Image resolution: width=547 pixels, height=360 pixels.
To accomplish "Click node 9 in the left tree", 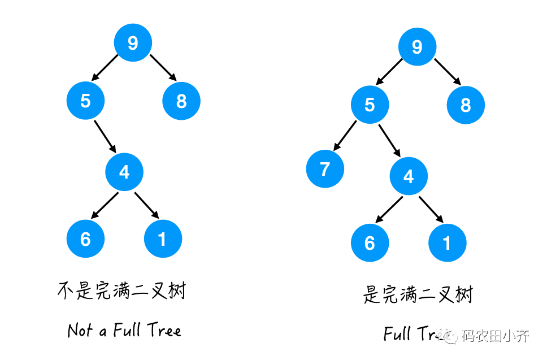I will pos(133,43).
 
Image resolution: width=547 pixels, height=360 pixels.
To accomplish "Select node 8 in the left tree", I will pos(181,101).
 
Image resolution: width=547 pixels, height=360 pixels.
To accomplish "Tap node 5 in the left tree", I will pos(85,101).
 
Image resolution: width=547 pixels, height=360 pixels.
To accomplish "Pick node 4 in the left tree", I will pos(124,172).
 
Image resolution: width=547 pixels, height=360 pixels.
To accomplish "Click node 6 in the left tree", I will pos(85,239).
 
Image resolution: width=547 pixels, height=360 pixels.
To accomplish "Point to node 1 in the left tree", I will pos(163,239).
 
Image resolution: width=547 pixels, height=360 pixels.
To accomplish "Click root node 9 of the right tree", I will pos(417,47).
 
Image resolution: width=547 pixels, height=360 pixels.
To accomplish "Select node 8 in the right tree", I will pos(466,105).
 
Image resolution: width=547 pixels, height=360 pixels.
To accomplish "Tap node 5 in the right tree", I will pos(370,105).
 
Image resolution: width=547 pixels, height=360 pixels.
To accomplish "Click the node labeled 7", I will pos(325,169).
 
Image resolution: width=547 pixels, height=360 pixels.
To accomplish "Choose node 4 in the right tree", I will pos(409,176).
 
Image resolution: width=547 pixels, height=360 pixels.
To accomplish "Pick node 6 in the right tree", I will pos(370,243).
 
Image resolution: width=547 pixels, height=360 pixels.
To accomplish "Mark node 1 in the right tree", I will pos(447,243).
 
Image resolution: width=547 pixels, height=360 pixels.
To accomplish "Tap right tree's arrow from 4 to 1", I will pos(431,210).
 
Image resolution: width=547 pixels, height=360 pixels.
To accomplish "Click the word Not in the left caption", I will pos(80,330).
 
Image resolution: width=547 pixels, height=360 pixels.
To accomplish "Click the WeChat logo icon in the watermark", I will pos(451,337).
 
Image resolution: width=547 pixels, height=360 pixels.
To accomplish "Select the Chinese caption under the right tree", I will pos(418,294).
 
